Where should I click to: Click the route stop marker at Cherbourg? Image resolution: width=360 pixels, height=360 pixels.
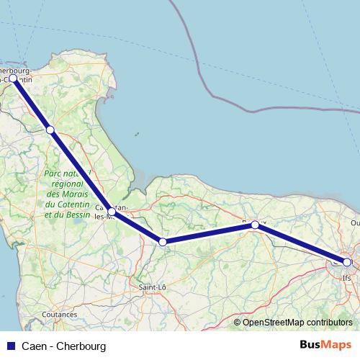pos(13,78)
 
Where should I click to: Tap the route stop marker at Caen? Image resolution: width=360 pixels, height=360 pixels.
pos(347,263)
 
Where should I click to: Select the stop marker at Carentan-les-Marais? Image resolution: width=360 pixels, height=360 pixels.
pos(111,212)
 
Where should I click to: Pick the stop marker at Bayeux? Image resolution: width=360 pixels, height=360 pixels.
pos(255,225)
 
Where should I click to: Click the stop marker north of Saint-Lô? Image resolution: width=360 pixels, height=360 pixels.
pos(163,242)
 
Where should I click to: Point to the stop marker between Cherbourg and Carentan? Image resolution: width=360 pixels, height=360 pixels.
pos(50,130)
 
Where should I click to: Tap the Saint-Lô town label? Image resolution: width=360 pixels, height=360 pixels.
pos(153,287)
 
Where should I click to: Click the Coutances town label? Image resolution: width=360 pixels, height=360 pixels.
pos(60,315)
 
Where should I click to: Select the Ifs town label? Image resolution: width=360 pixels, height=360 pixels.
pos(347,276)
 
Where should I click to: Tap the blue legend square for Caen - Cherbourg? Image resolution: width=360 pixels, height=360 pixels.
pos(9,346)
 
